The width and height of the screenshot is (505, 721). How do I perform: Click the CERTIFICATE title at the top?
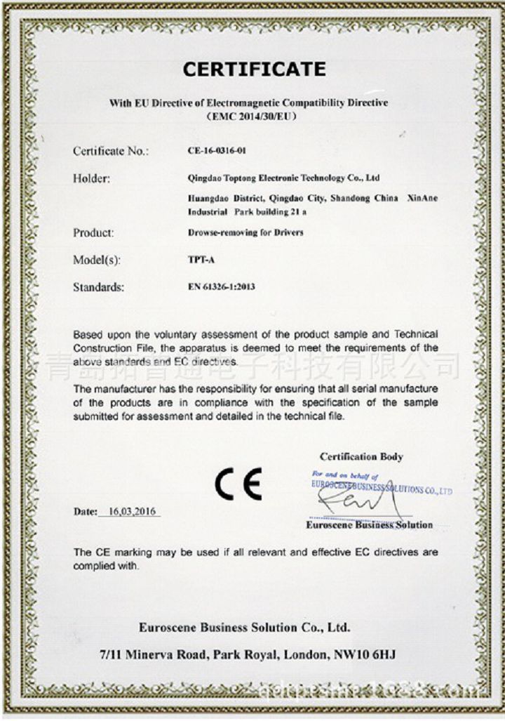[x=254, y=70]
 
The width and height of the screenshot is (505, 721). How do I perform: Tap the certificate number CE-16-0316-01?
[x=217, y=151]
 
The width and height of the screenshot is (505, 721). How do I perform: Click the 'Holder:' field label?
[x=91, y=178]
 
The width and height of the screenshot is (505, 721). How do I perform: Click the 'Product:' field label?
[x=93, y=232]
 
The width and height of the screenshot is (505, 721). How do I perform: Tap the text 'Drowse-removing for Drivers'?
[x=245, y=232]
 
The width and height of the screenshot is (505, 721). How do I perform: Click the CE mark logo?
[x=238, y=484]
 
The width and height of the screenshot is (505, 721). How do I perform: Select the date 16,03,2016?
[x=132, y=512]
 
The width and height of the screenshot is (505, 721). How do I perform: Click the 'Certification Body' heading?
[x=361, y=457]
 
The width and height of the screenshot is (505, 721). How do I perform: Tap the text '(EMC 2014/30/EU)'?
[x=248, y=117]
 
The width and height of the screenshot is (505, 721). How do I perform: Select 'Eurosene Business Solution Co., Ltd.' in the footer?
[x=244, y=627]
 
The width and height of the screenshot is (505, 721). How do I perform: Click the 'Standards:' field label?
[x=98, y=287]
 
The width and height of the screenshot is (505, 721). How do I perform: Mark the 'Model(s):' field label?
[x=97, y=260]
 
